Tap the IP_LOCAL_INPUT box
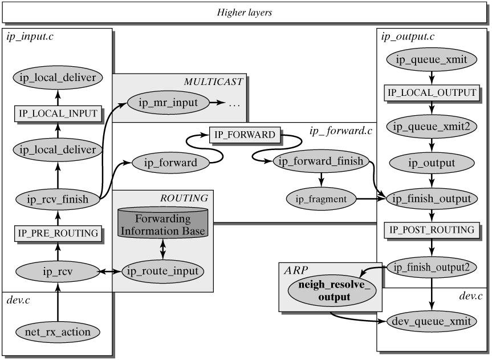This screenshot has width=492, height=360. pyautogui.click(x=57, y=114)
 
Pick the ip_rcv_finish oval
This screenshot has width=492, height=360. pyautogui.click(x=57, y=199)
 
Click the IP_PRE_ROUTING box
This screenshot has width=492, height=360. pyautogui.click(x=57, y=233)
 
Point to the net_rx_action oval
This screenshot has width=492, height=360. pyautogui.click(x=57, y=330)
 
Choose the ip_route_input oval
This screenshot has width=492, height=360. pyautogui.click(x=162, y=270)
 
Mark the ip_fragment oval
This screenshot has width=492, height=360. pyautogui.click(x=320, y=199)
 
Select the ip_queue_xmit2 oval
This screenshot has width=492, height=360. pyautogui.click(x=432, y=127)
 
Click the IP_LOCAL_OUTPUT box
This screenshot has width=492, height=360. pyautogui.click(x=432, y=92)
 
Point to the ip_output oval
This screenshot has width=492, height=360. pyautogui.click(x=432, y=163)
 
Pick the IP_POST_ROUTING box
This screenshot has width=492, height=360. pyautogui.click(x=432, y=230)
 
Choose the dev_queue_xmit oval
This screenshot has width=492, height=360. pyautogui.click(x=432, y=321)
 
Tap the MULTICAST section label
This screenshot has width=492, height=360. pyautogui.click(x=213, y=82)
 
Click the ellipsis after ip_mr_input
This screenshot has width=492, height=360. pyautogui.click(x=235, y=104)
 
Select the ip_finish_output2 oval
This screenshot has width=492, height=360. pyautogui.click(x=432, y=266)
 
